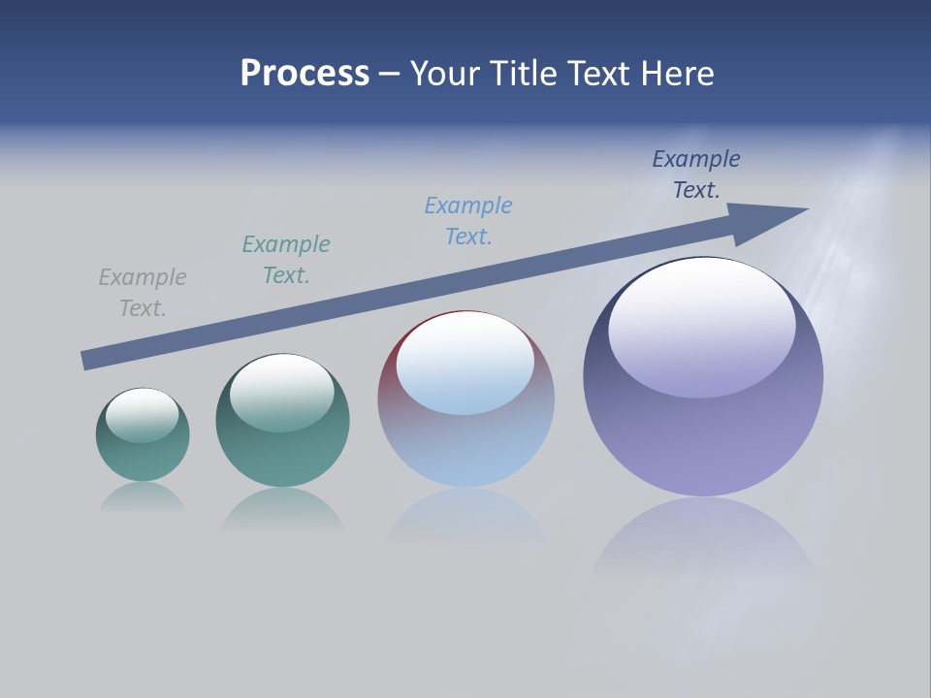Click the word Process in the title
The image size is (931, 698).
(305, 74)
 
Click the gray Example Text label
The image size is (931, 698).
(143, 293)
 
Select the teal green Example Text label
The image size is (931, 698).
(286, 260)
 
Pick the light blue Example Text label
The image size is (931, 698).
(468, 221)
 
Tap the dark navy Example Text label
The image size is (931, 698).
(696, 174)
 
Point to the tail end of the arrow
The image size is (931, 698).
(85, 361)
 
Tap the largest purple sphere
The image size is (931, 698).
(703, 436)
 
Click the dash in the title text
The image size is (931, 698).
(389, 74)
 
